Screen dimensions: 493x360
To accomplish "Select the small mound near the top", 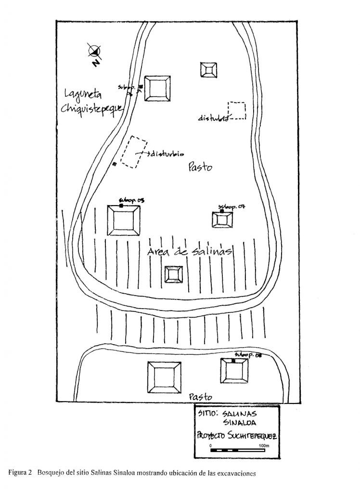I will (x=208, y=70).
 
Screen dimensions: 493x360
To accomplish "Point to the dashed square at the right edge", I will (x=237, y=111).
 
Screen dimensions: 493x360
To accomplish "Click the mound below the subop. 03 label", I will (x=124, y=220).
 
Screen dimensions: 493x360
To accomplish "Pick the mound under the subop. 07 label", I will (x=223, y=220).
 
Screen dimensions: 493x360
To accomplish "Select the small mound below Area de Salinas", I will (x=174, y=274).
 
